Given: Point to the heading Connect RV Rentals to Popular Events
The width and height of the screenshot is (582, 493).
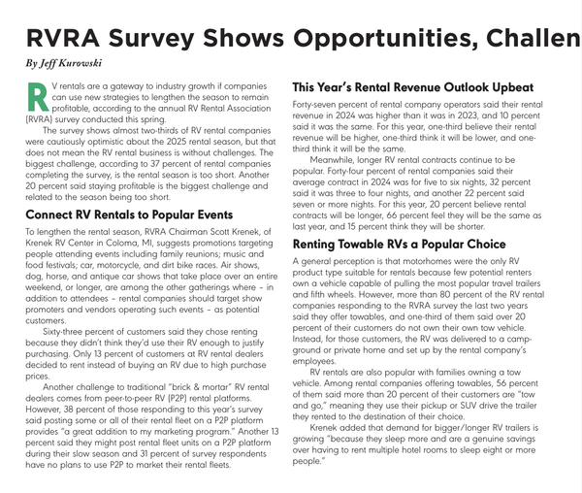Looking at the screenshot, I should coord(128,214).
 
